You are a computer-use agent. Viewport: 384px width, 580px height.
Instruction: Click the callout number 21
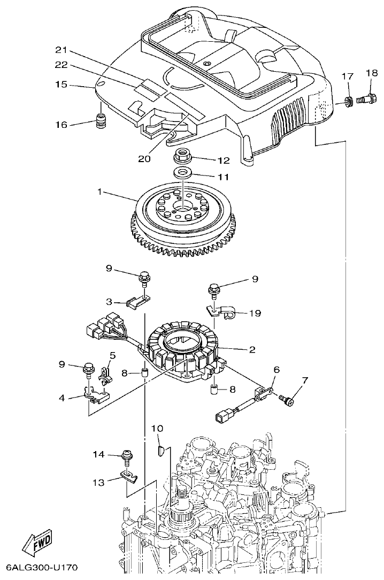pyautogui.click(x=62, y=50)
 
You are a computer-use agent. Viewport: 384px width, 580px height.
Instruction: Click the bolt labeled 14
pyautogui.click(x=127, y=455)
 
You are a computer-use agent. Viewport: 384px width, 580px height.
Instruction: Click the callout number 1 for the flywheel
pyautogui.click(x=99, y=191)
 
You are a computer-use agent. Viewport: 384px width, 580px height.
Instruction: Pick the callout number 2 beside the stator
pyautogui.click(x=251, y=350)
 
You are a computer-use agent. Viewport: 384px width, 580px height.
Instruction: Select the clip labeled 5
pyautogui.click(x=106, y=375)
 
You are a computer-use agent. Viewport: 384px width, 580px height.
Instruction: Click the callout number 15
pyautogui.click(x=62, y=84)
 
